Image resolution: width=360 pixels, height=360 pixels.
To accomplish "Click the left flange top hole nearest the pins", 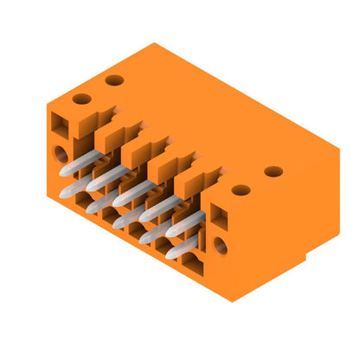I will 80,100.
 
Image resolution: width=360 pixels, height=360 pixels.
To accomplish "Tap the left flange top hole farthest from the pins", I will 113,80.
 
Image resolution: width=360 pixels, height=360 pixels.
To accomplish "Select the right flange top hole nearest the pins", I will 241,190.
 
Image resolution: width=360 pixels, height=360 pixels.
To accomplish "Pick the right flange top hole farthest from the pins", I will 273,171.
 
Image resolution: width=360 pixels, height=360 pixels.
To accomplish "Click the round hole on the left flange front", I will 60,154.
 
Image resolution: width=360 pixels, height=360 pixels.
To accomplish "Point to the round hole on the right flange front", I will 220,245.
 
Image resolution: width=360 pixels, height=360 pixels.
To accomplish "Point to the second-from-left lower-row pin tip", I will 90,208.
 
